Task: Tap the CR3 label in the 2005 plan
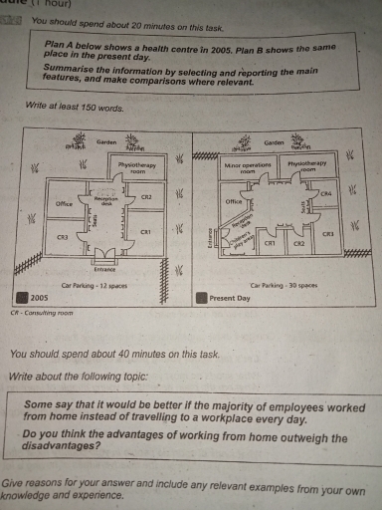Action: click(x=62, y=237)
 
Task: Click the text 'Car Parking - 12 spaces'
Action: click(x=96, y=285)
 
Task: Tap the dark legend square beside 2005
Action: click(x=20, y=297)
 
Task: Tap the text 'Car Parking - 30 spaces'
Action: click(x=285, y=285)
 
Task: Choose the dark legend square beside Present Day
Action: click(x=201, y=297)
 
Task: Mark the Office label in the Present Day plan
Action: click(x=235, y=201)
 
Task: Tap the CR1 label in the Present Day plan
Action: click(x=270, y=242)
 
